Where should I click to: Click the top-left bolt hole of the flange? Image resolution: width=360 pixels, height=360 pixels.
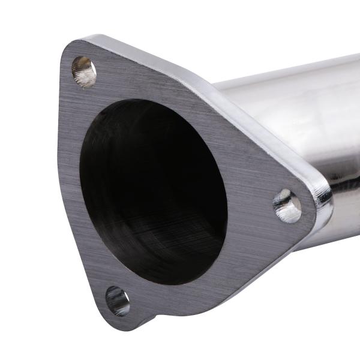point(84,71)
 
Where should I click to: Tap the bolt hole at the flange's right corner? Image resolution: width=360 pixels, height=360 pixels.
point(288,206)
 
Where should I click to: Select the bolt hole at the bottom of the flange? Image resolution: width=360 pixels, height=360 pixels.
point(118,301)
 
